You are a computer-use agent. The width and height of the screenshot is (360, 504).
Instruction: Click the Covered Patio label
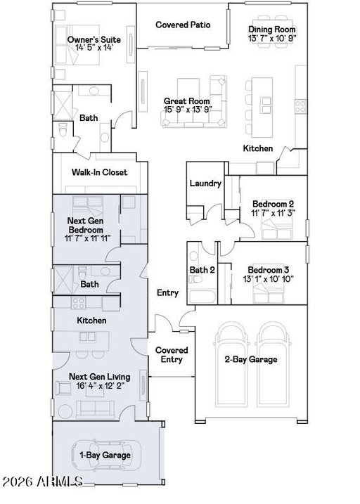(x=183, y=25)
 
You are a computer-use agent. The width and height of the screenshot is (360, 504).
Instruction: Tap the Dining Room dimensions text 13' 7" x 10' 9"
(x=272, y=38)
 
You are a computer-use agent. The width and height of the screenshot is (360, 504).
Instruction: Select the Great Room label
(x=187, y=101)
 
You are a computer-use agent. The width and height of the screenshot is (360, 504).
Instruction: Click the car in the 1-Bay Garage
(x=106, y=455)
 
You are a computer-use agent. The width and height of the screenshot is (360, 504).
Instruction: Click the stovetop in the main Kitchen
(x=301, y=106)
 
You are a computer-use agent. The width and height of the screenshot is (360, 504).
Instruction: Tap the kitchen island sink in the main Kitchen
(x=266, y=105)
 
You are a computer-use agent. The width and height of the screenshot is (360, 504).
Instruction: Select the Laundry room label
(x=205, y=183)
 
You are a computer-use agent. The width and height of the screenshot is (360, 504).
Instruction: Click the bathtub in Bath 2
(x=202, y=297)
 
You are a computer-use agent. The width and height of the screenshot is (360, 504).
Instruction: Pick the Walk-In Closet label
(x=99, y=172)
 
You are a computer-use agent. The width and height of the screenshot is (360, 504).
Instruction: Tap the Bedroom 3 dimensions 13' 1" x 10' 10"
(x=269, y=279)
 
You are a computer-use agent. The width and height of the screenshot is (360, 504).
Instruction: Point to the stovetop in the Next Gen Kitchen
(x=79, y=303)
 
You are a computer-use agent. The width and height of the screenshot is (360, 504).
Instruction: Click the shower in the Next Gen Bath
(x=63, y=280)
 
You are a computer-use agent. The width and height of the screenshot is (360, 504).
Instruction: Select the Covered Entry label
(x=172, y=355)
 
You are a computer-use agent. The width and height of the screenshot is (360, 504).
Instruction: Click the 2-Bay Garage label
(x=251, y=359)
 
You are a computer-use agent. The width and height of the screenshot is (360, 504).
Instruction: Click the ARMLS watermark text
(x=42, y=482)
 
